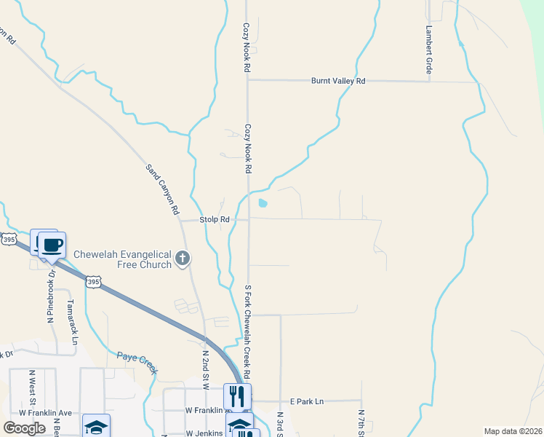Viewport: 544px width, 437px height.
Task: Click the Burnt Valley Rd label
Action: click(337, 82)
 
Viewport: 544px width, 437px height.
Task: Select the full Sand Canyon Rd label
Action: click(163, 189)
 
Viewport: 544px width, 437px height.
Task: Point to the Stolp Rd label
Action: click(215, 219)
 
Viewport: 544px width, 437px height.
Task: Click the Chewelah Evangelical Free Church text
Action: click(123, 259)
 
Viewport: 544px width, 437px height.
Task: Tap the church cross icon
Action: click(183, 258)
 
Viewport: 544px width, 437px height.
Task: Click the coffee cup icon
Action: click(52, 245)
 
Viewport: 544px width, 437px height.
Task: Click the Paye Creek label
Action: click(137, 362)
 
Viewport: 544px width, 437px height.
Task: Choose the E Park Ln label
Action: click(306, 401)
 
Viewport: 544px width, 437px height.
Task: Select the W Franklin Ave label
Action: click(46, 413)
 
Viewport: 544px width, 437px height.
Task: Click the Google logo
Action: click(24, 428)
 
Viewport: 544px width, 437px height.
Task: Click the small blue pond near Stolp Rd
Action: click(263, 203)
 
